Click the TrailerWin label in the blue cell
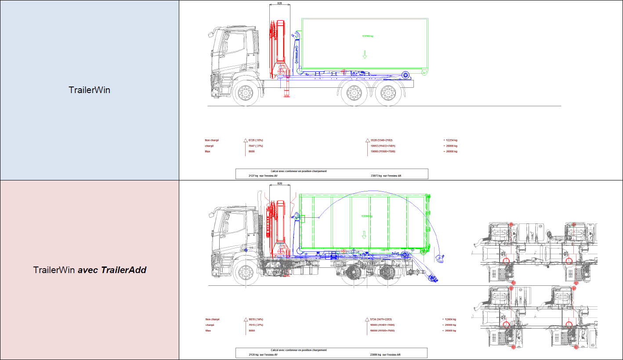pyautogui.click(x=89, y=90)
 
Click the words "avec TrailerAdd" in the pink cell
pyautogui.click(x=112, y=270)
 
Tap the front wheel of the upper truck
pyautogui.click(x=245, y=93)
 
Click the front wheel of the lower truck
pyautogui.click(x=245, y=273)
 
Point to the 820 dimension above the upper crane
pyautogui.click(x=279, y=3)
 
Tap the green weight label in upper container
pyautogui.click(x=368, y=36)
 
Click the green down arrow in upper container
pyautogui.click(x=364, y=55)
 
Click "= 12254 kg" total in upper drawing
pyautogui.click(x=450, y=140)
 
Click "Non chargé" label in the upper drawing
pyautogui.click(x=212, y=140)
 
